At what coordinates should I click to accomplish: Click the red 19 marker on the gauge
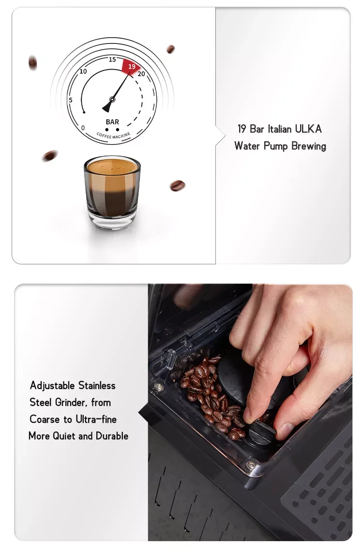pyautogui.click(x=131, y=67)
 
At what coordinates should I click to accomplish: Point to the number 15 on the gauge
pyautogui.click(x=112, y=59)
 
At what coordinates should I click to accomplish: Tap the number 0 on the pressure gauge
pyautogui.click(x=83, y=128)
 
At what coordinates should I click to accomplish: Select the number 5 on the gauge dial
pyautogui.click(x=71, y=100)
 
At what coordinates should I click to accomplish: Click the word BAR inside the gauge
pyautogui.click(x=112, y=122)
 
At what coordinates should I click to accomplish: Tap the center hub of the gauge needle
pyautogui.click(x=112, y=100)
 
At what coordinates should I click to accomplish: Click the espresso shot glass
pyautogui.click(x=112, y=192)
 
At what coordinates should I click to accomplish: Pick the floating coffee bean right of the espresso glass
pyautogui.click(x=177, y=186)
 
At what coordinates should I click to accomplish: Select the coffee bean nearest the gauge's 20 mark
pyautogui.click(x=170, y=49)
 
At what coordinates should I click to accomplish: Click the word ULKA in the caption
pyautogui.click(x=307, y=129)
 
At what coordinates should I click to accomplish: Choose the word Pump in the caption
pyautogui.click(x=274, y=146)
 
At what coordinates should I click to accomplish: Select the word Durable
pyautogui.click(x=112, y=436)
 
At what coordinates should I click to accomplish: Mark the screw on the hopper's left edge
pyautogui.click(x=159, y=387)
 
